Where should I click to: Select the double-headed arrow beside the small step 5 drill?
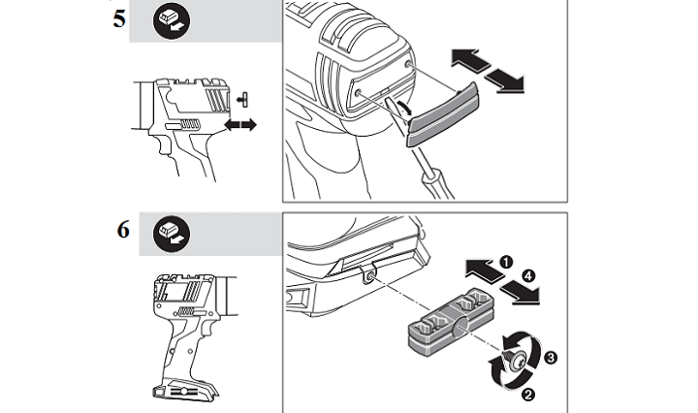[240, 126]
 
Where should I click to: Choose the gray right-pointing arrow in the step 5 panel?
[507, 81]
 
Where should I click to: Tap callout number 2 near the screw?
[526, 393]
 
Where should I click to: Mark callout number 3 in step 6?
[552, 358]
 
